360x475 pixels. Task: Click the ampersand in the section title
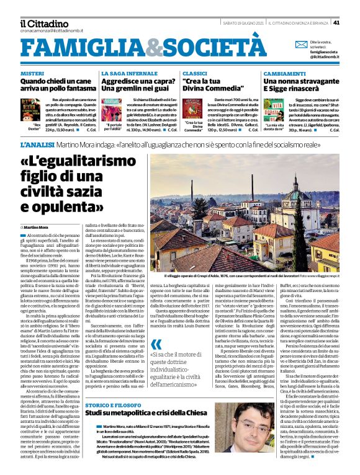pyautogui.click(x=137, y=46)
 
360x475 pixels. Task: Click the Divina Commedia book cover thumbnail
pyautogui.click(x=194, y=108)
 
